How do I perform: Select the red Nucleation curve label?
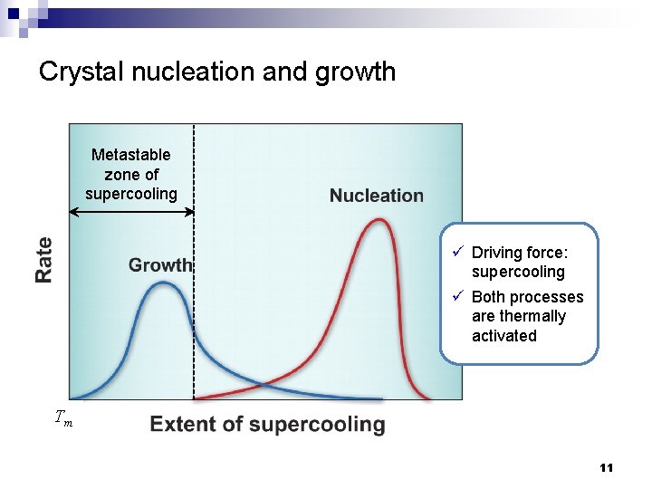coord(376,196)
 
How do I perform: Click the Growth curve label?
coord(160,265)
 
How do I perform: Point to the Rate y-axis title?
coord(44,259)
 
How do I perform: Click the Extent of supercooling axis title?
coord(267,425)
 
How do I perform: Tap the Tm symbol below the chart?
coord(63,418)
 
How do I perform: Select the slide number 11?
coord(606,468)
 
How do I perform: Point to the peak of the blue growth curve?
coord(163,283)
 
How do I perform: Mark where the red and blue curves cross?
coord(264,385)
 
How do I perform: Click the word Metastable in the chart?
coord(131,155)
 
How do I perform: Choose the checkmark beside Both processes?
coord(459,296)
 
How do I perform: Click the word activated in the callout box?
coord(503,336)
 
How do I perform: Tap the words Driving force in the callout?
coord(519,253)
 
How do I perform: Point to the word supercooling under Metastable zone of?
coord(131,194)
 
